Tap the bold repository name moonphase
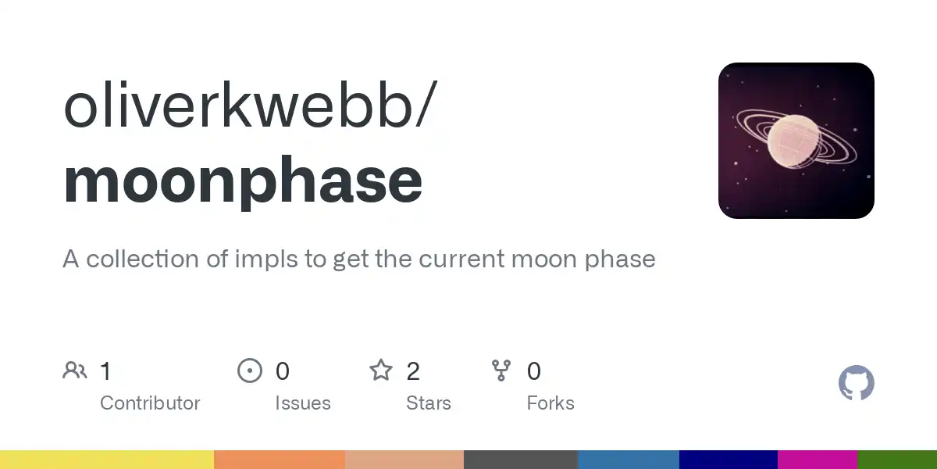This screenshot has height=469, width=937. click(x=243, y=181)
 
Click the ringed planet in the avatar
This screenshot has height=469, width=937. click(x=795, y=140)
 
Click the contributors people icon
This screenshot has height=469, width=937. click(x=75, y=371)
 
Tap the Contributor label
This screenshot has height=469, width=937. click(x=150, y=403)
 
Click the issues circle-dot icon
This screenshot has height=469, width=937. click(x=250, y=371)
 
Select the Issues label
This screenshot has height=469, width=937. click(x=303, y=403)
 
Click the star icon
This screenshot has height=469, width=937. click(x=381, y=371)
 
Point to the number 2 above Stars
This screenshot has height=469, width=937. click(x=413, y=371)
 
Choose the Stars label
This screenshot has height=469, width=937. click(x=429, y=403)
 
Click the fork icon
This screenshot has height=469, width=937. click(x=501, y=371)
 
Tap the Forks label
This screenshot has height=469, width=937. click(x=550, y=403)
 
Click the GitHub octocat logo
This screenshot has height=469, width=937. click(x=857, y=383)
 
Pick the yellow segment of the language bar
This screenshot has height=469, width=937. click(x=107, y=460)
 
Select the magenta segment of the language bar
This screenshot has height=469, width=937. click(x=818, y=460)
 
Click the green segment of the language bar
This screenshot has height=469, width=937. click(x=897, y=460)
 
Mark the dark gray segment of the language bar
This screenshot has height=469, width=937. click(x=521, y=460)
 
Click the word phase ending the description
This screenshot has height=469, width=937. click(x=620, y=260)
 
